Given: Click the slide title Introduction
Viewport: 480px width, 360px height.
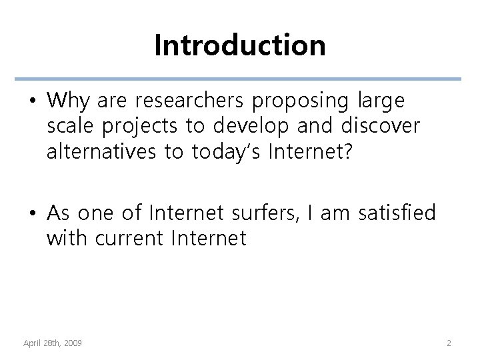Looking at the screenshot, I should pyautogui.click(x=240, y=45).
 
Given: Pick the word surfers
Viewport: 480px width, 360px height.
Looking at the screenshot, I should pyautogui.click(x=249, y=213).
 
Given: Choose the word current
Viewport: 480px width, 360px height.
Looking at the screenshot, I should pyautogui.click(x=128, y=238).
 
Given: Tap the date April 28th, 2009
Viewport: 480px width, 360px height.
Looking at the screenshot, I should pyautogui.click(x=53, y=343).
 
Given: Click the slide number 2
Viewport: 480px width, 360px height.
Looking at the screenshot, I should pyautogui.click(x=449, y=343).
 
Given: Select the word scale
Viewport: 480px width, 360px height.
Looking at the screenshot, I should pyautogui.click(x=69, y=126).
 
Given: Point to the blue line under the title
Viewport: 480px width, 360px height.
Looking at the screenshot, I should pyautogui.click(x=240, y=79).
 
